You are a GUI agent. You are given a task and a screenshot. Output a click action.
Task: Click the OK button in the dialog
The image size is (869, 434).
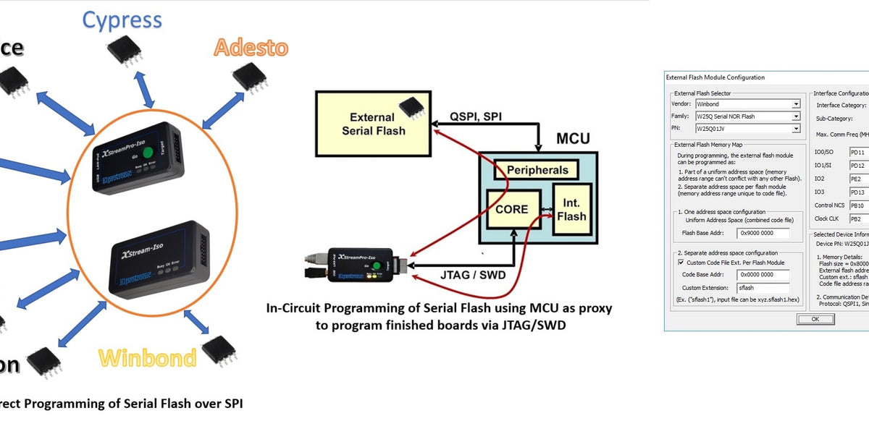[x=815, y=319]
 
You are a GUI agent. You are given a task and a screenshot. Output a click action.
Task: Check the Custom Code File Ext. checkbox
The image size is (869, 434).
[x=680, y=263]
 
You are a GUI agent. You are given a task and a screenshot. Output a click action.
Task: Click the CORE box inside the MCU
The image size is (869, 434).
[x=512, y=210]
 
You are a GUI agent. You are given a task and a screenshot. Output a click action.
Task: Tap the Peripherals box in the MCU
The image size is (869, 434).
[x=537, y=171]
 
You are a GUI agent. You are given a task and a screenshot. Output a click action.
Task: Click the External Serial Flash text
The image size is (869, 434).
[x=372, y=124]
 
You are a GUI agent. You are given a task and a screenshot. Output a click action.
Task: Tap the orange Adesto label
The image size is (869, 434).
[x=251, y=48]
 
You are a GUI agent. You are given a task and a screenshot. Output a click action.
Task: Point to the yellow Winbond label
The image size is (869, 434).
[x=147, y=358]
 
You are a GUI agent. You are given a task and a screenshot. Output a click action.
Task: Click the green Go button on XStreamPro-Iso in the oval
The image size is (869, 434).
[x=148, y=153]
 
